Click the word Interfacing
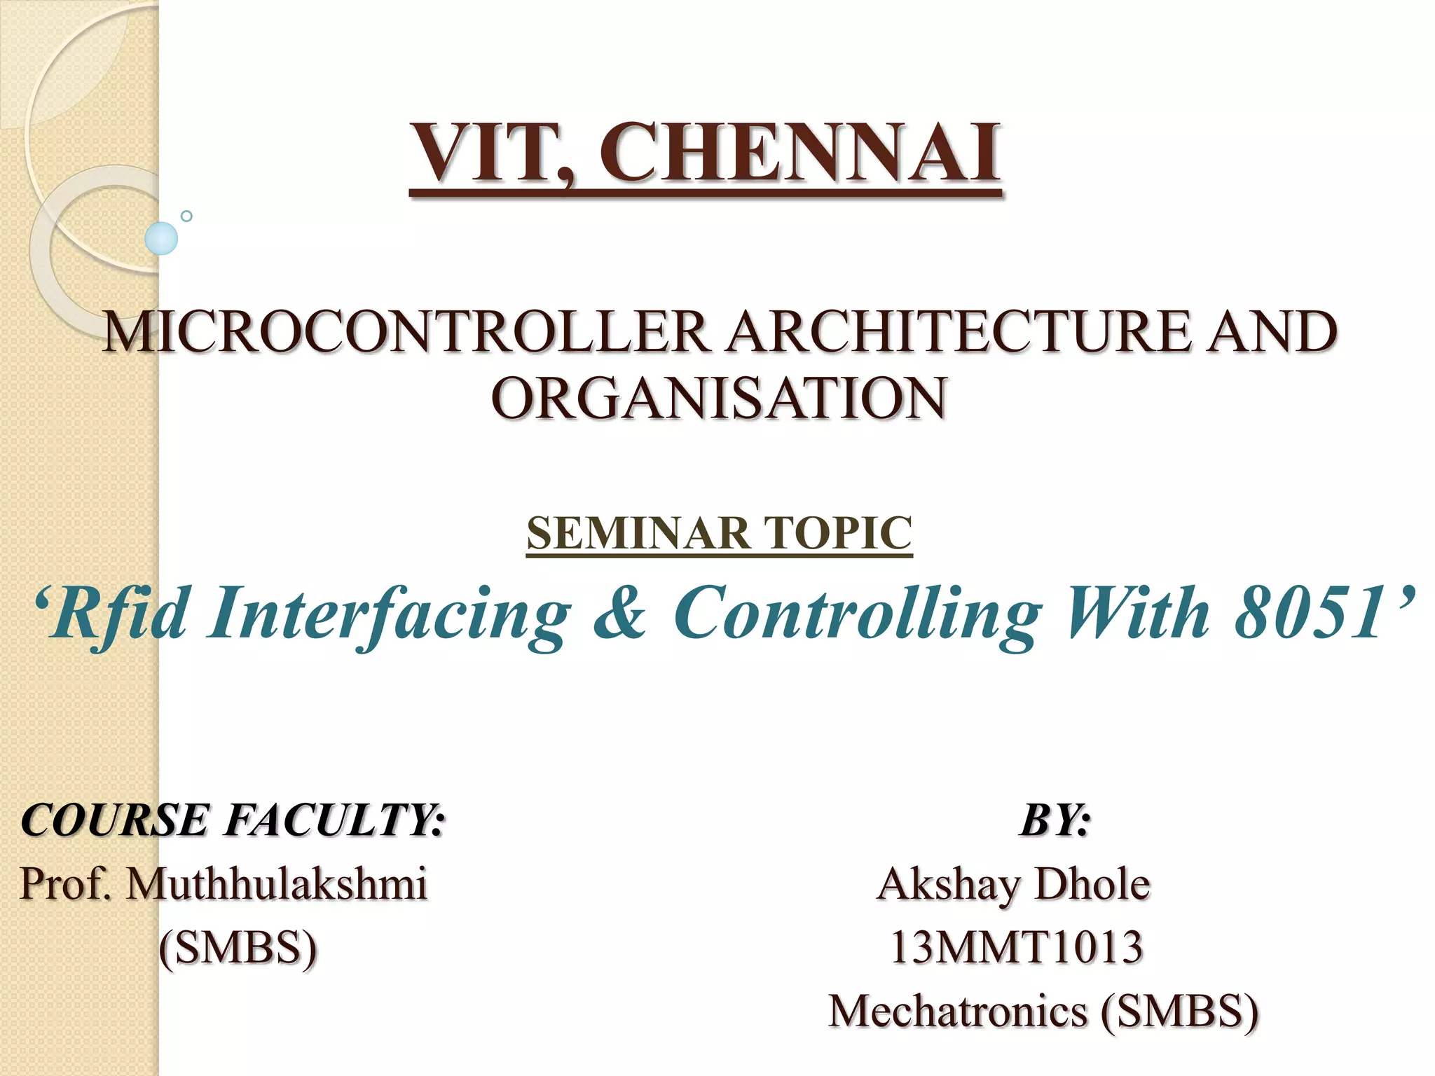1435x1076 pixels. click(x=389, y=614)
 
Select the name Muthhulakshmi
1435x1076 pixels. click(x=276, y=883)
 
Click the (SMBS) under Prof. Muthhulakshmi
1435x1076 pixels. click(x=238, y=948)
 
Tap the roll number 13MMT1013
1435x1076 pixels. click(x=1016, y=948)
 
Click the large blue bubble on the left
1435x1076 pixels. click(x=161, y=238)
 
